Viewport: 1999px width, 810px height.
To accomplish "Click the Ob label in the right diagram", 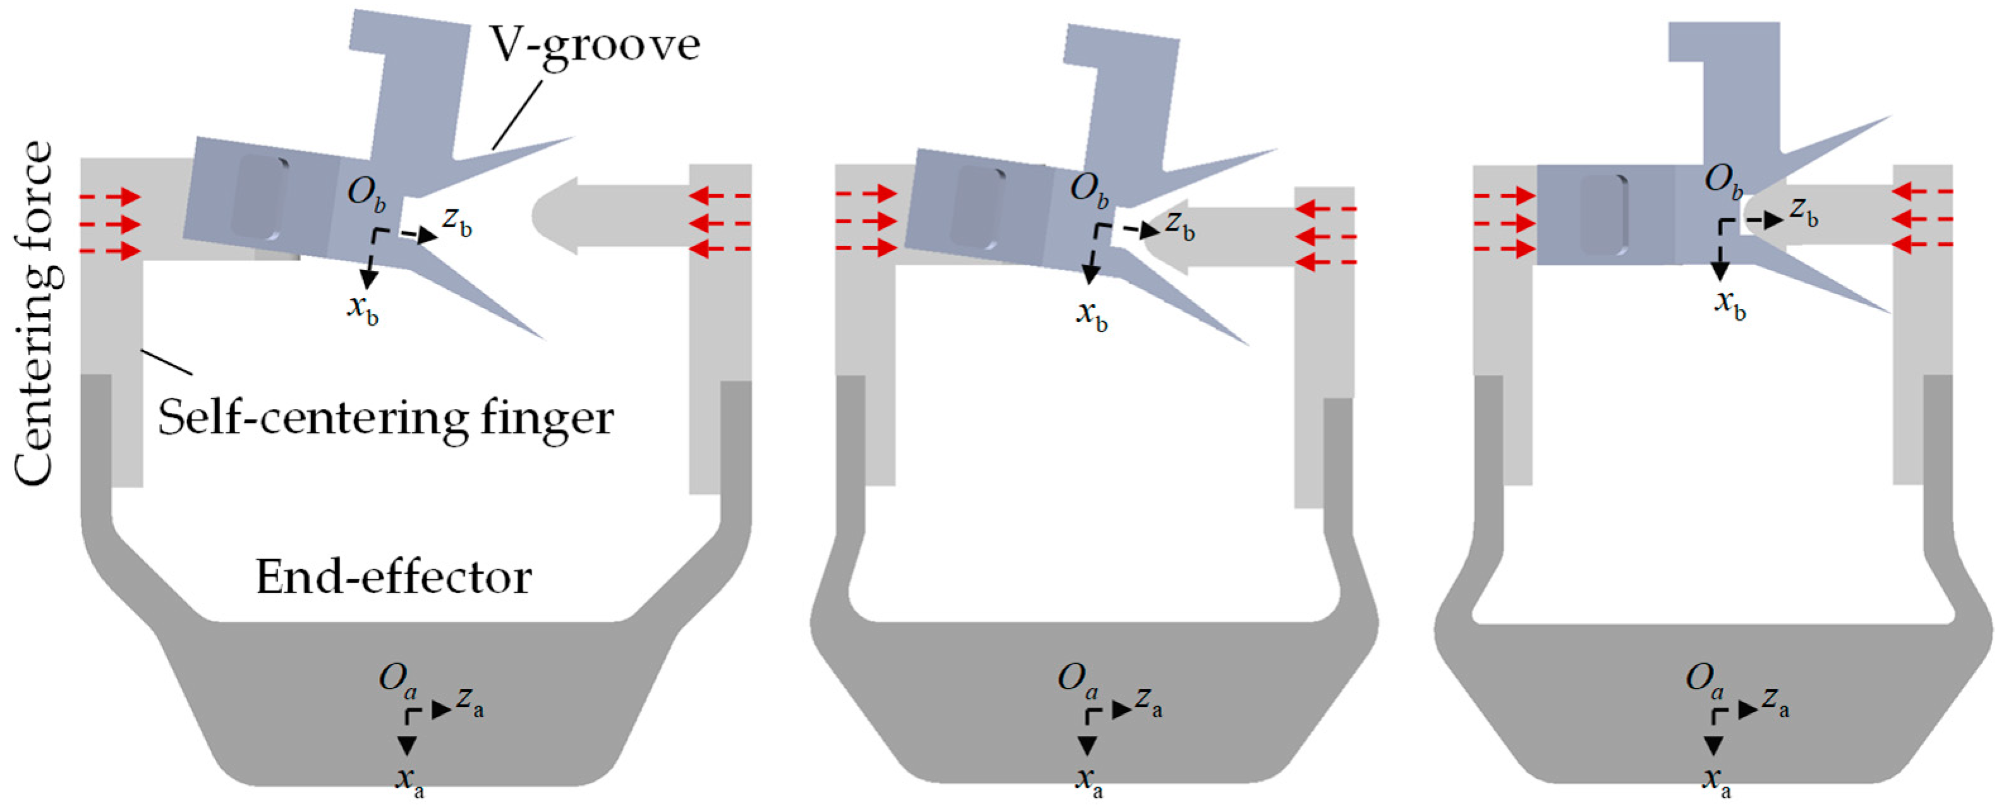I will coord(1724,183).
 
